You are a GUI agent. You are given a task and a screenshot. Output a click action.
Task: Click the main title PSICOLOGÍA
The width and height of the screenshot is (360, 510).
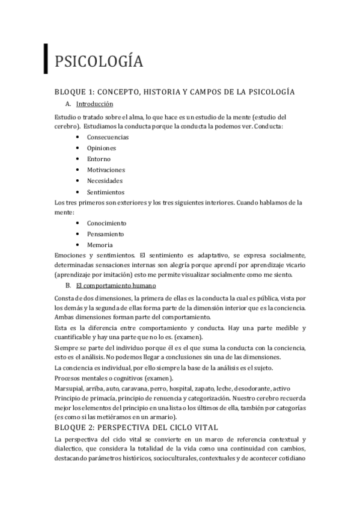(x=99, y=61)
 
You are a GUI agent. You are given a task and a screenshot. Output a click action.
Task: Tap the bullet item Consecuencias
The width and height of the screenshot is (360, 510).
(x=108, y=137)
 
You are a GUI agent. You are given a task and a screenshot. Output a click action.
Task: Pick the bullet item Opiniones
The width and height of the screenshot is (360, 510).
(x=102, y=148)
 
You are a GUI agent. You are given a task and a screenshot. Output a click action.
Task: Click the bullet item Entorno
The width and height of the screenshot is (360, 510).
(x=99, y=159)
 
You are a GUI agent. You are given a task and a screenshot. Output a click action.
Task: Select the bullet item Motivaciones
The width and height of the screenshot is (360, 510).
(x=106, y=170)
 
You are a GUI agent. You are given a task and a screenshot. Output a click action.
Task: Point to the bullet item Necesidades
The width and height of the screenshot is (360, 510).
(x=105, y=180)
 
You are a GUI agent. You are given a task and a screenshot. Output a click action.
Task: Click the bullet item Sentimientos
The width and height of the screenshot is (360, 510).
(x=106, y=192)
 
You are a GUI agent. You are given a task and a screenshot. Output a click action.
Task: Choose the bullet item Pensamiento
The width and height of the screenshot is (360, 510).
(x=105, y=234)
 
